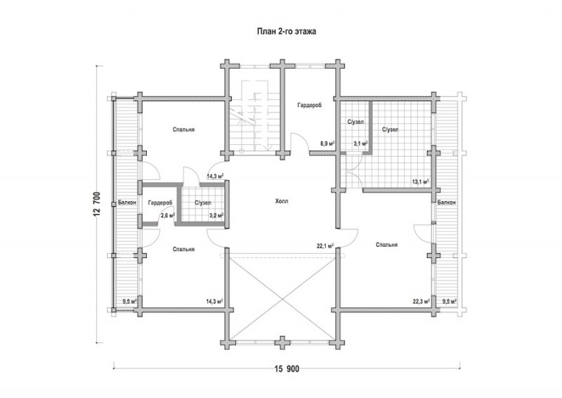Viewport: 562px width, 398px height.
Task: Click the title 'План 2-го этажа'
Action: click(x=287, y=32)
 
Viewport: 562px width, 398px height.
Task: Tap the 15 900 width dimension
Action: click(x=287, y=368)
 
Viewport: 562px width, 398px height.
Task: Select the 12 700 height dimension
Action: click(x=97, y=204)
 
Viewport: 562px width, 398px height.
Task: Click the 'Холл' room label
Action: click(x=282, y=201)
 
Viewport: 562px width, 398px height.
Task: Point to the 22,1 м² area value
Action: click(x=325, y=246)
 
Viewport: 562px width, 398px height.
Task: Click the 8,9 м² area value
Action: click(x=327, y=143)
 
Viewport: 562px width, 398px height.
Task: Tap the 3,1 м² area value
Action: click(x=360, y=143)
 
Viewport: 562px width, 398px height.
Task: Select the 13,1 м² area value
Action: click(x=421, y=181)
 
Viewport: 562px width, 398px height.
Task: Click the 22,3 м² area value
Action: click(x=421, y=302)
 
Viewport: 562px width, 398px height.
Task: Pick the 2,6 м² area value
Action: click(x=168, y=215)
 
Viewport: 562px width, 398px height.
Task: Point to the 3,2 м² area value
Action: click(x=216, y=215)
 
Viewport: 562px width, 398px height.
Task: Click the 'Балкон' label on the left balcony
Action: click(x=127, y=203)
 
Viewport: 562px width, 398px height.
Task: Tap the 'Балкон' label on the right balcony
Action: click(x=447, y=203)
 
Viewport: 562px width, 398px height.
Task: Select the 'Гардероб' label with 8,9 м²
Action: click(x=309, y=105)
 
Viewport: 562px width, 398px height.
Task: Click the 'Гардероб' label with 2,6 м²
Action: click(x=160, y=203)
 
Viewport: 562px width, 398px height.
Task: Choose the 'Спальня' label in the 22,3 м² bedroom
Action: click(x=387, y=245)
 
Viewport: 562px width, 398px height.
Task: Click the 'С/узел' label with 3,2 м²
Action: click(x=203, y=203)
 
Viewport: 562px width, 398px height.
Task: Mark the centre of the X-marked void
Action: click(x=282, y=297)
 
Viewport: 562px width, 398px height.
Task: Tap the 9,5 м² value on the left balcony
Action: click(x=129, y=302)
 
